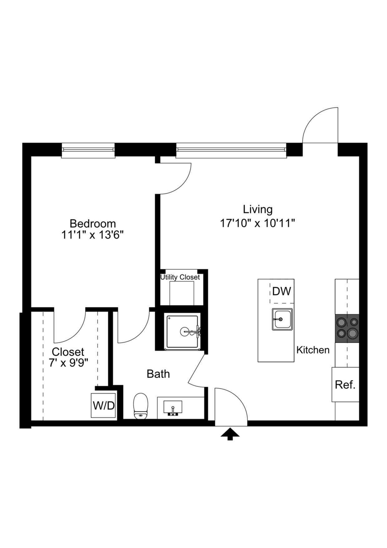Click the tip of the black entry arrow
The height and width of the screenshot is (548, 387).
[x=230, y=428]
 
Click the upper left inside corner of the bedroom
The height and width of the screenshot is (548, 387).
[x=31, y=156]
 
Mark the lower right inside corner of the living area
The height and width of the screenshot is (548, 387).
[x=359, y=421]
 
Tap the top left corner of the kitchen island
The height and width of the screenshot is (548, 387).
[x=258, y=279]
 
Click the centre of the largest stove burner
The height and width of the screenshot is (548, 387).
[x=352, y=333]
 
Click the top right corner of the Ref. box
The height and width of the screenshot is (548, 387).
[x=359, y=367]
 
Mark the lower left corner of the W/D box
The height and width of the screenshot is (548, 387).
[x=91, y=418]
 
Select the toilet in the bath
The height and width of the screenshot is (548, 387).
[x=140, y=406]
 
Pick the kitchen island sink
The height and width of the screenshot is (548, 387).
[x=282, y=319]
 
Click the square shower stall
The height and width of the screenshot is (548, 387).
[x=183, y=331]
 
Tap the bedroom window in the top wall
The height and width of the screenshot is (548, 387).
[x=88, y=150]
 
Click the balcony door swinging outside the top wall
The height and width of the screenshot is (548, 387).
[x=320, y=125]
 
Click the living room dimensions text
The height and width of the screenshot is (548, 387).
[x=258, y=223]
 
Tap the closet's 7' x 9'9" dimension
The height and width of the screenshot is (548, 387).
[x=68, y=363]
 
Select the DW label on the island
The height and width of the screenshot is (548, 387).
[x=282, y=291]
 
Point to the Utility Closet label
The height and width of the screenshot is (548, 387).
[x=180, y=277]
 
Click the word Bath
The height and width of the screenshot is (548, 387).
[x=158, y=374]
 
